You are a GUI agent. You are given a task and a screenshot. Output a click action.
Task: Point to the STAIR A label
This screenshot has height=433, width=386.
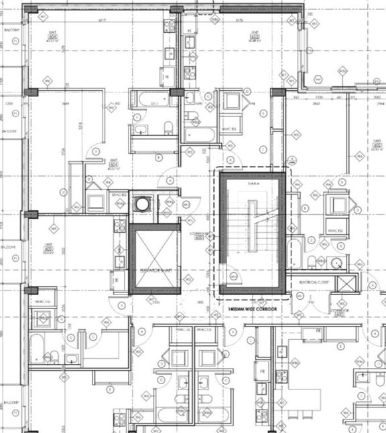click(253, 183)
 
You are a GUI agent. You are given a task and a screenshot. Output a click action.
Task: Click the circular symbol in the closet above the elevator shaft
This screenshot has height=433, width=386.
click(142, 204)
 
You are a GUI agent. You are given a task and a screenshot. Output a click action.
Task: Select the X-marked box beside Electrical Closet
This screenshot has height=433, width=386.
click(347, 282)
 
